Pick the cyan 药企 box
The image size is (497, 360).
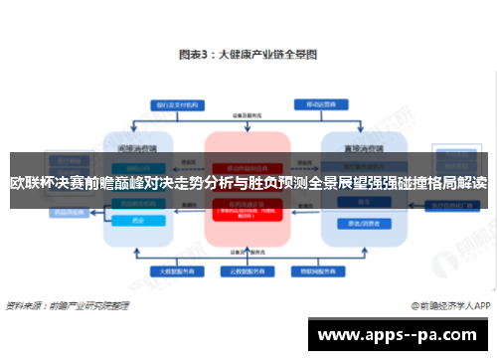pos(137,221)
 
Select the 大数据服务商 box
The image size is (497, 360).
pos(168,270)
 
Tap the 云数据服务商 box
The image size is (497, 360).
pos(246,270)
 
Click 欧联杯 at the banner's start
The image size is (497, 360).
pos(32,183)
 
